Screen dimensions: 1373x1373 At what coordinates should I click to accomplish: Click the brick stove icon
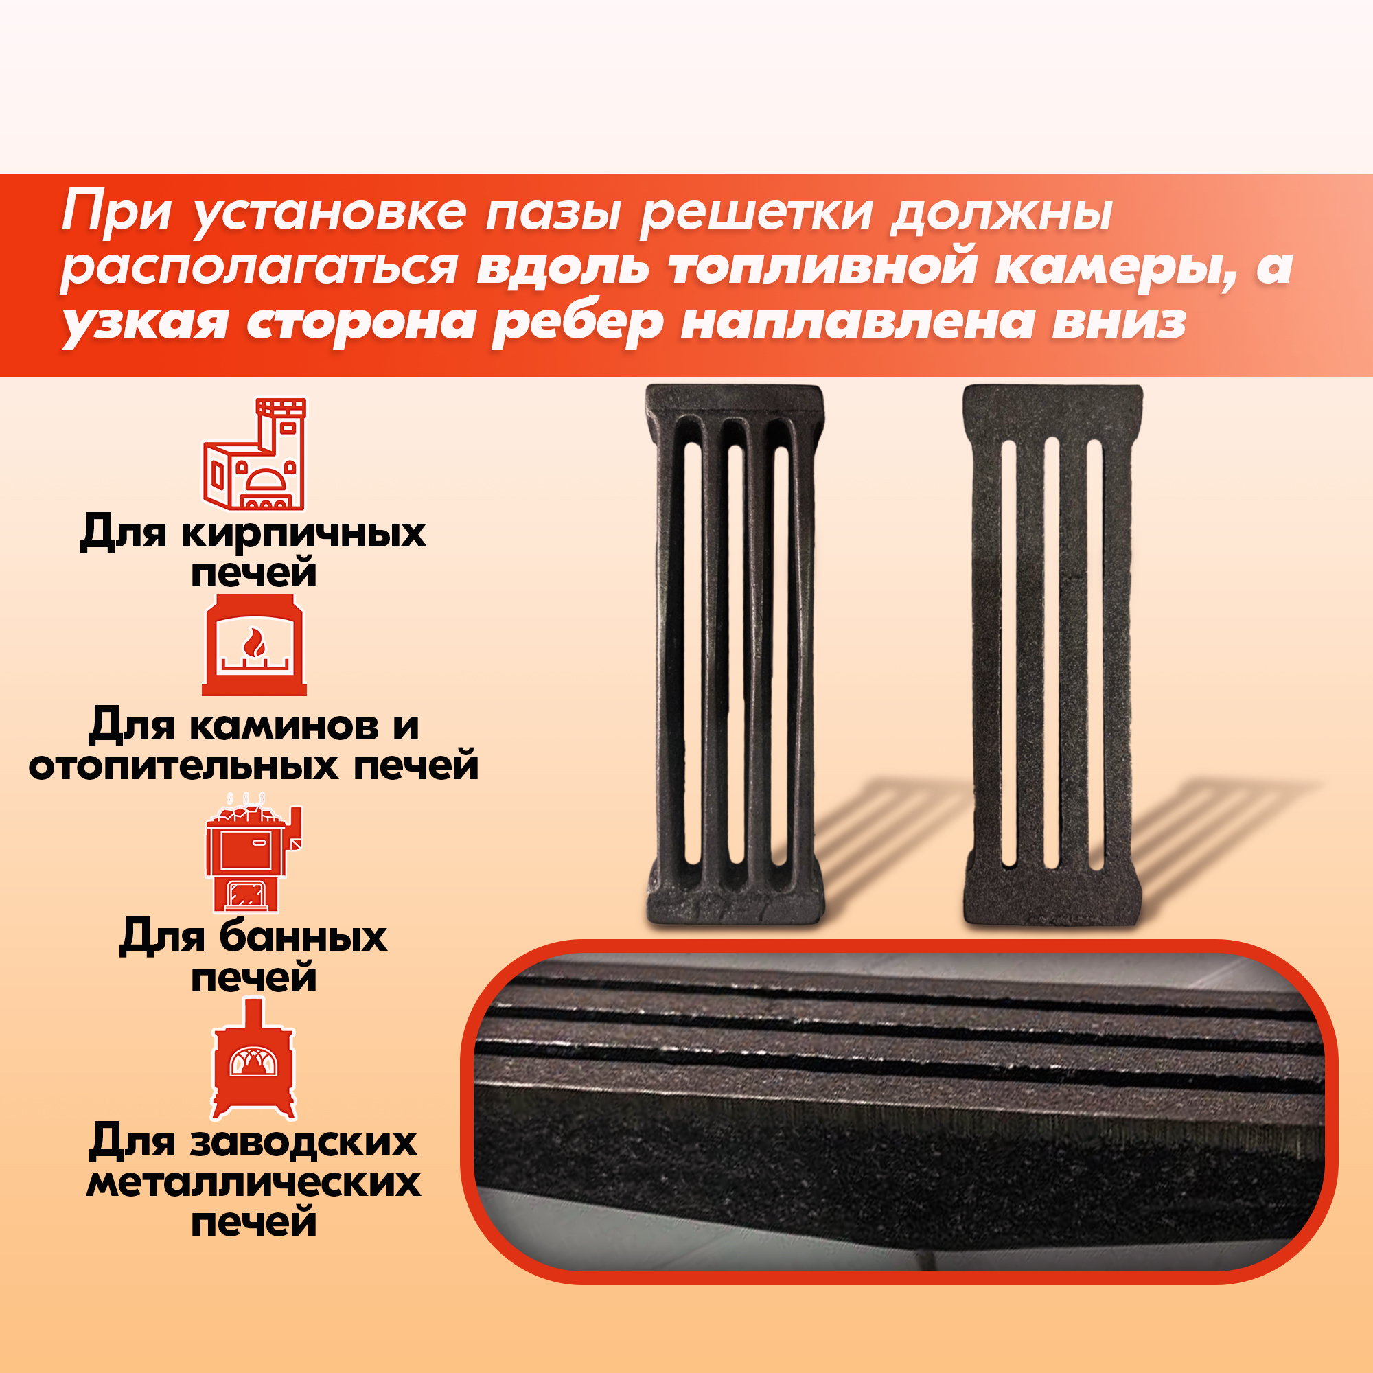[x=255, y=453]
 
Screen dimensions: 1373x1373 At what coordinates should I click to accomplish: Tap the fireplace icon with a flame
[x=254, y=645]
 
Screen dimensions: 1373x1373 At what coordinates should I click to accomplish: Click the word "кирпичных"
[x=303, y=533]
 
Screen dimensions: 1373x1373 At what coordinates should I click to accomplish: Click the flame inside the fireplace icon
[x=254, y=644]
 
